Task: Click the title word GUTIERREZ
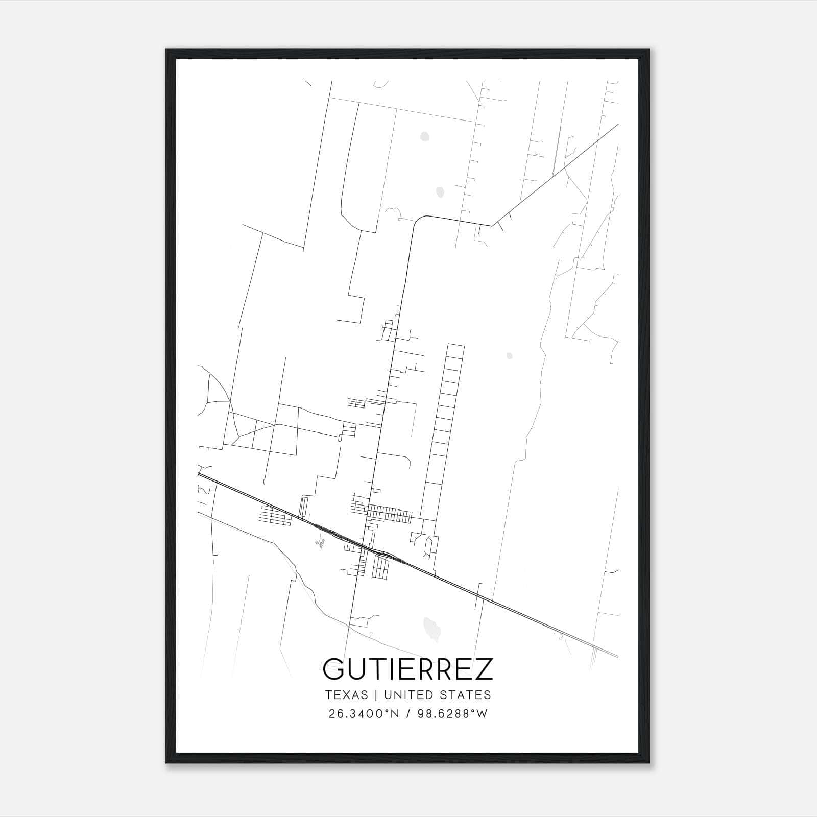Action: coord(408,669)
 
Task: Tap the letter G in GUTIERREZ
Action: coord(333,669)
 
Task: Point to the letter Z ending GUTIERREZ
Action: coord(484,669)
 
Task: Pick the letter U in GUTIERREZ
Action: coord(356,669)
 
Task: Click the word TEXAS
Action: coord(346,695)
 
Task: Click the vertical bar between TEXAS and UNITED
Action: coord(375,695)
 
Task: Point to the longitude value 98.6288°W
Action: coord(453,714)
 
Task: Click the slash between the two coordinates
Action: coord(409,714)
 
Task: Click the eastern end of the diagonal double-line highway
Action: coord(616,656)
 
